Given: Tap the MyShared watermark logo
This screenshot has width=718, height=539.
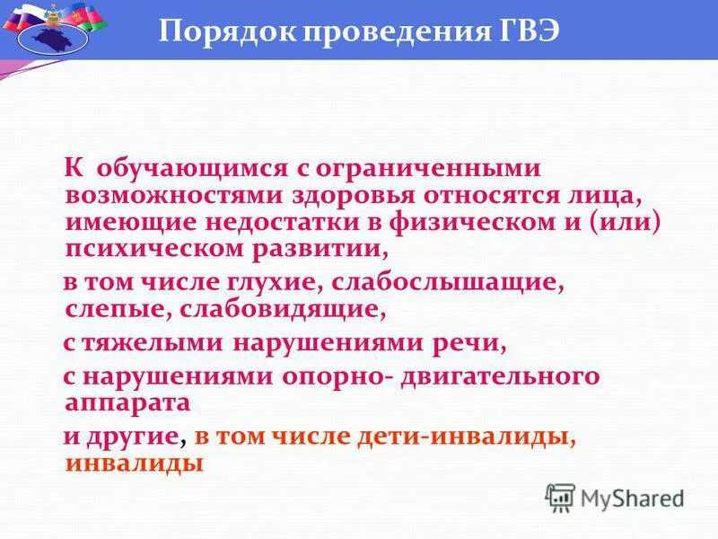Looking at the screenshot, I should (x=614, y=497).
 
